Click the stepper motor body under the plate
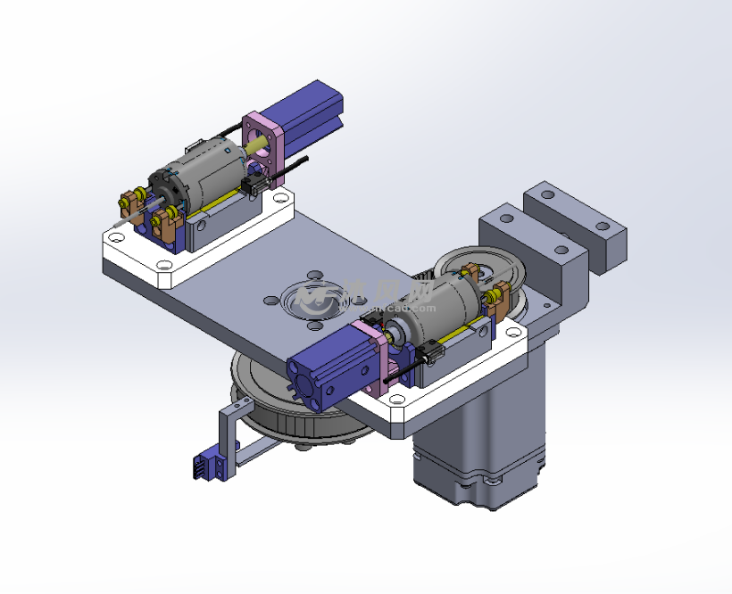(482, 428)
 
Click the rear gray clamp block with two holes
(576, 223)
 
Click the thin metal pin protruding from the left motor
(135, 214)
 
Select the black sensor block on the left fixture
(254, 186)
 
